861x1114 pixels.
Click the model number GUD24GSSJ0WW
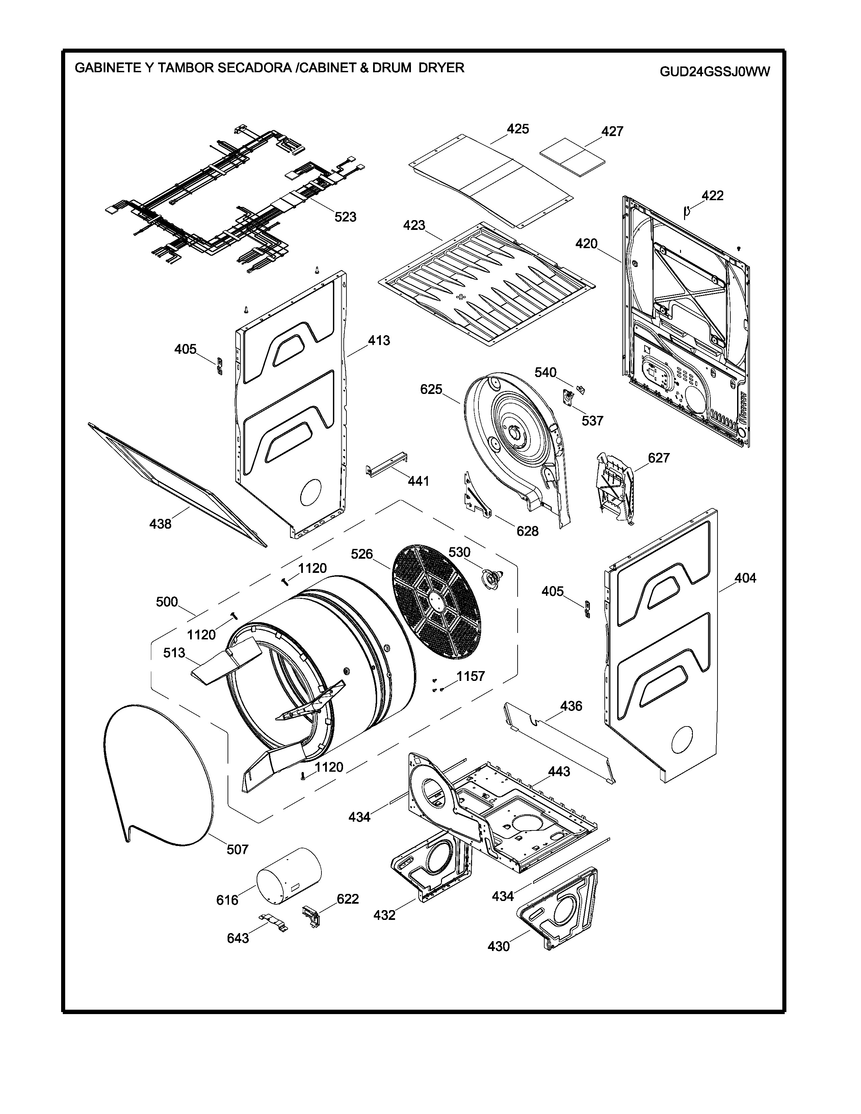point(714,72)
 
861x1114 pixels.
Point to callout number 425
point(518,129)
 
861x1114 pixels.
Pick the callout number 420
point(586,244)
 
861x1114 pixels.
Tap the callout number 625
point(431,389)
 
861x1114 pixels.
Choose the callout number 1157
point(470,677)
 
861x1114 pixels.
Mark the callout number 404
point(745,578)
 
